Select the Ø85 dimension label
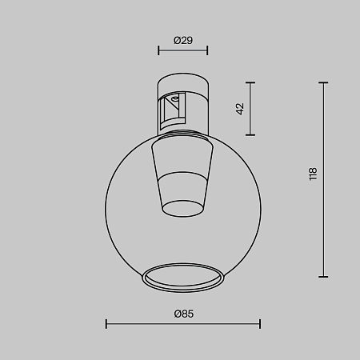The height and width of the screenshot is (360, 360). [x=183, y=314]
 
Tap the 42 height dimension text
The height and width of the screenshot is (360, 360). [x=240, y=109]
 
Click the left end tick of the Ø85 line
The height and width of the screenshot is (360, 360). [x=106, y=324]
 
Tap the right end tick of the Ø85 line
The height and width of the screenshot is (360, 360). [x=260, y=324]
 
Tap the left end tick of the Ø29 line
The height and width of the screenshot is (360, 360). [x=158, y=50]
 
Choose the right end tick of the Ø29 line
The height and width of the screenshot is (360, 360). [x=210, y=50]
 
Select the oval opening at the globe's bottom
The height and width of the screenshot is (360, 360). [x=183, y=277]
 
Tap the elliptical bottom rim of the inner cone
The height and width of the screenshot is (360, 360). [x=184, y=208]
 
